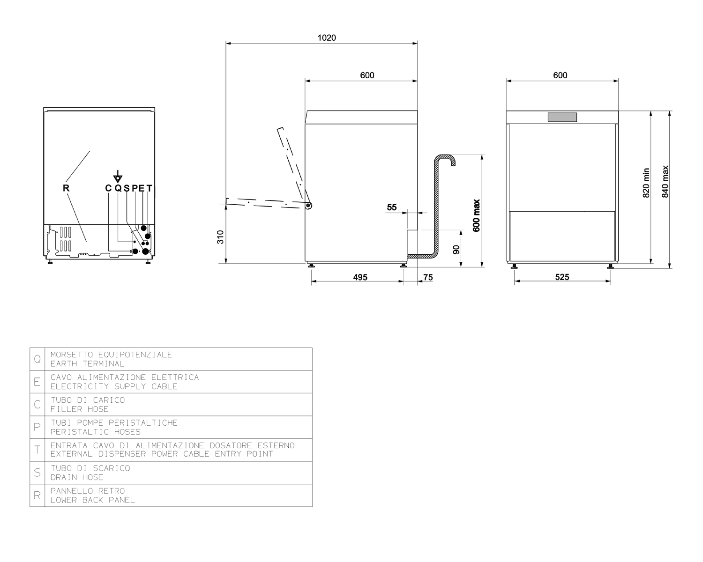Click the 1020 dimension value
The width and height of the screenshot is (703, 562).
click(x=327, y=38)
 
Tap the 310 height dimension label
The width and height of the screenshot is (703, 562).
click(x=220, y=237)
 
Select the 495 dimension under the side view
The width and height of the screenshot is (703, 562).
click(x=360, y=277)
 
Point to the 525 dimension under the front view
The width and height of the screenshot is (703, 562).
click(x=562, y=277)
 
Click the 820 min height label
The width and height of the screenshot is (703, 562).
click(x=646, y=183)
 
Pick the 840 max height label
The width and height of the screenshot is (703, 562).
click(x=665, y=182)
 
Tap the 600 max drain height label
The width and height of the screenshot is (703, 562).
click(x=476, y=215)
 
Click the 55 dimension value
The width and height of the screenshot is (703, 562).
click(x=392, y=207)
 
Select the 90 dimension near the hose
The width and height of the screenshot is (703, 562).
click(x=456, y=250)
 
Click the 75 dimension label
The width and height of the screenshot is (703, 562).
click(x=428, y=277)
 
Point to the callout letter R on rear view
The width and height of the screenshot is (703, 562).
click(x=66, y=188)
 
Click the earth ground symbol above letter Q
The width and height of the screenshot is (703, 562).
click(x=118, y=177)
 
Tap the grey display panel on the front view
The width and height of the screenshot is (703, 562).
click(x=562, y=117)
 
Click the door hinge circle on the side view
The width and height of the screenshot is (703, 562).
click(x=308, y=206)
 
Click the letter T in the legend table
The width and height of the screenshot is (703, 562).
click(x=37, y=450)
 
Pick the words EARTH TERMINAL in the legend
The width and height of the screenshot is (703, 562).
click(x=87, y=364)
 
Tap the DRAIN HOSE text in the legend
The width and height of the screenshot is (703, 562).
click(x=77, y=477)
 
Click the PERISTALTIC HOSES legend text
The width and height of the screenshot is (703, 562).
click(x=96, y=432)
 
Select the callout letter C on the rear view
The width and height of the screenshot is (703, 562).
click(x=108, y=188)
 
